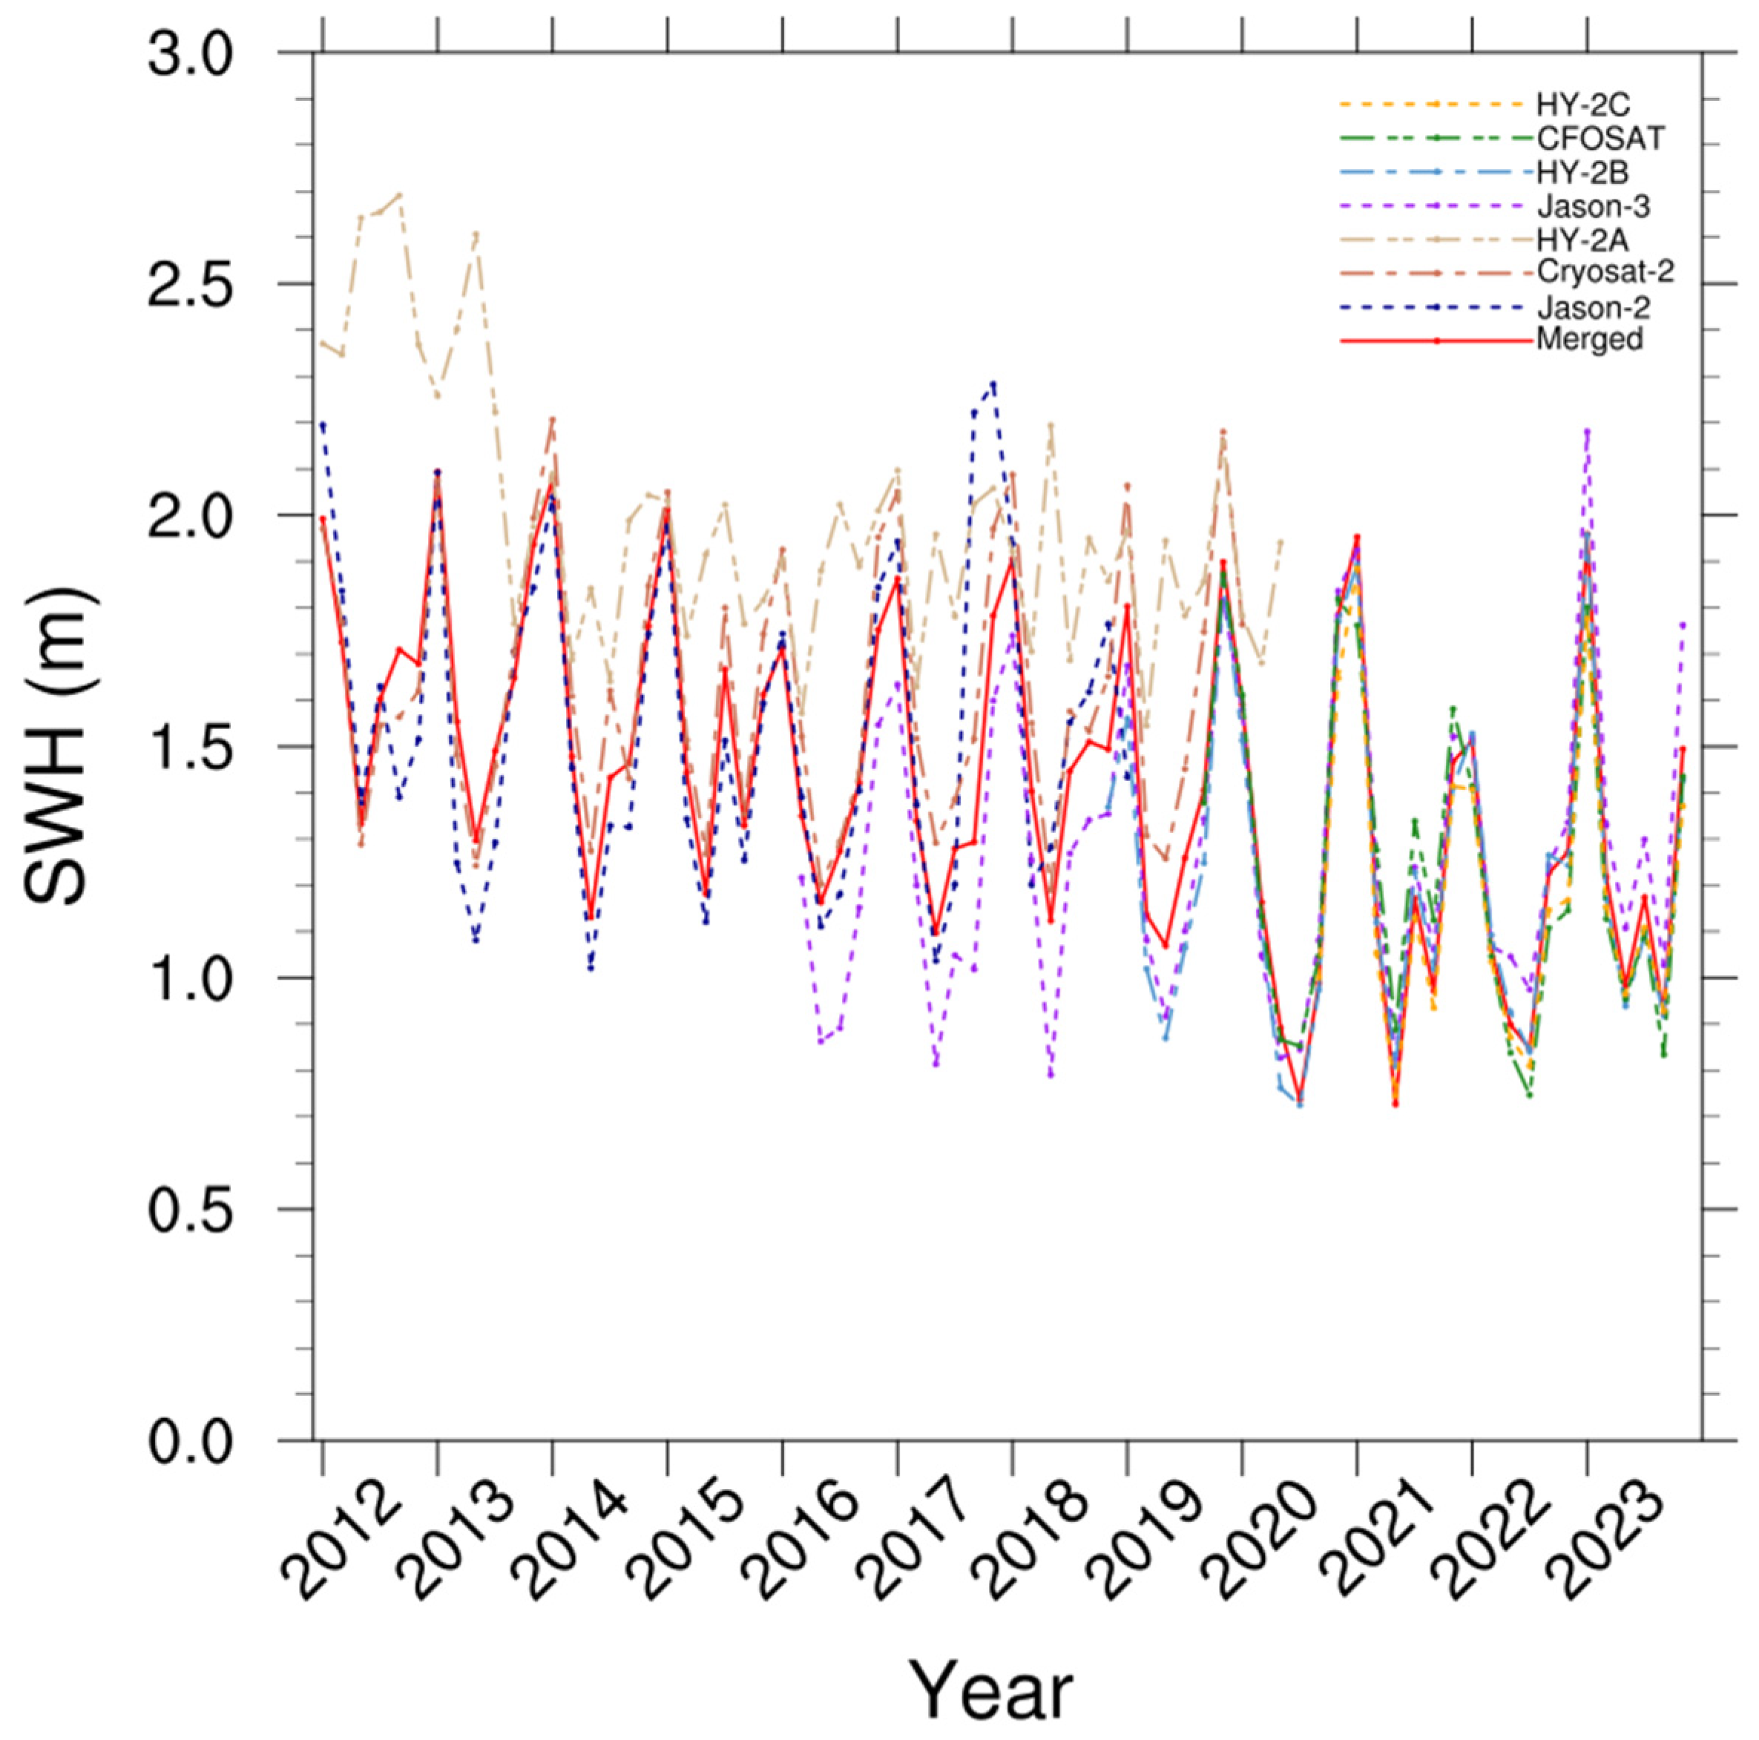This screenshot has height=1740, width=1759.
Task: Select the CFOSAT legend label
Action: tap(1600, 139)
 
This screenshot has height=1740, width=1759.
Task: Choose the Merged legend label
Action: tap(1589, 340)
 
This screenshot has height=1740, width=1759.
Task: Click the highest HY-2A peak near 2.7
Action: tap(400, 194)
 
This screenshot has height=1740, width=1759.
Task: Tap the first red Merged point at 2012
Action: tap(322, 518)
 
